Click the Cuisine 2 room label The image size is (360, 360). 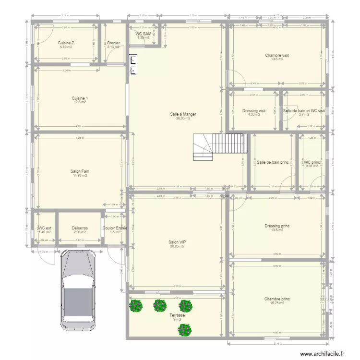coord(66,43)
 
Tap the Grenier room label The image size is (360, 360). coord(114,43)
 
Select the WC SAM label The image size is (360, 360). coord(144,34)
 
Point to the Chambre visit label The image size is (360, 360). coord(277,55)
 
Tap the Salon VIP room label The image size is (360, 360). coord(177,242)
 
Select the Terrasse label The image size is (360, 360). coord(177,315)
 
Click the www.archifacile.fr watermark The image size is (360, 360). coord(323,354)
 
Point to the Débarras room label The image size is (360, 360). coord(80,228)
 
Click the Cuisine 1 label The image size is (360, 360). coord(80,98)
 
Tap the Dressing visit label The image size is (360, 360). coord(254,111)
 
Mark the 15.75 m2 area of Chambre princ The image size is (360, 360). coord(277,303)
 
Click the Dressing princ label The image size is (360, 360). coord(277,226)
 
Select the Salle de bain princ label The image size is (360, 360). coord(273,162)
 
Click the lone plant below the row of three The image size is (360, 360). coord(185,329)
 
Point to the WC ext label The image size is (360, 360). coord(45,228)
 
